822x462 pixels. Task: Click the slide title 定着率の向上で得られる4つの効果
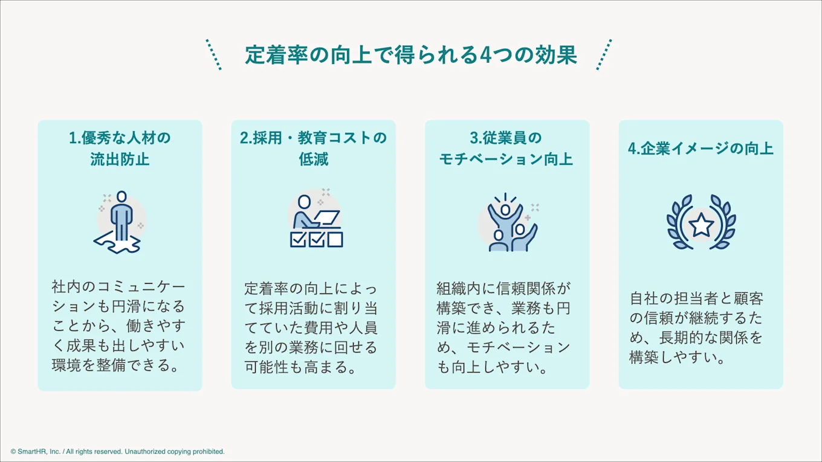[x=411, y=55]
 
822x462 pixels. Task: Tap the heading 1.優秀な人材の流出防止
[x=120, y=149]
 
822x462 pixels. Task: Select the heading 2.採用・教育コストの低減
[x=313, y=149]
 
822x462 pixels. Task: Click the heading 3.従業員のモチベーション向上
[x=506, y=149]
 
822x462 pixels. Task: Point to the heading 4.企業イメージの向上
[x=701, y=149]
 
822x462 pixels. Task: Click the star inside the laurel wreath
[x=701, y=225]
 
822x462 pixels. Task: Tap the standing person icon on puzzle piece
[x=121, y=214]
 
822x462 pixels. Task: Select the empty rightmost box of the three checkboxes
[x=334, y=239]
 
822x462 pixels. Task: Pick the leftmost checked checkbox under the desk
[x=298, y=239]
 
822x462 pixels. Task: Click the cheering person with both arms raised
[x=505, y=214]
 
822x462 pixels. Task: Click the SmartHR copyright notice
[x=117, y=451]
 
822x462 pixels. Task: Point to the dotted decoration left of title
[x=213, y=55]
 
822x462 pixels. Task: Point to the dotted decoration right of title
[x=604, y=55]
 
